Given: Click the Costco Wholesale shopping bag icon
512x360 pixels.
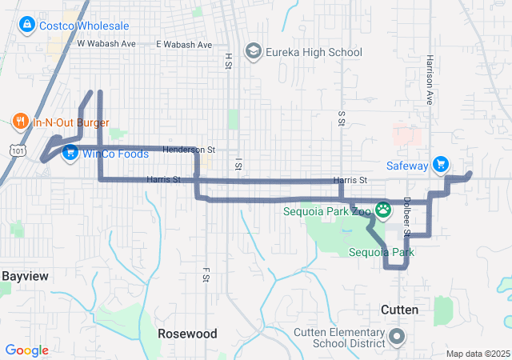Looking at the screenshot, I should point(27,26).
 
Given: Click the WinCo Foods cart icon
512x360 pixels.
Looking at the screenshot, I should point(71,152).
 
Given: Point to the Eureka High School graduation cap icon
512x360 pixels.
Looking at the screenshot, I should point(254,53).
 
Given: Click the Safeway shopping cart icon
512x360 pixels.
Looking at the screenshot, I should point(440,166).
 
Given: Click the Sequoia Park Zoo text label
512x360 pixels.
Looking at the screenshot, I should point(328,212).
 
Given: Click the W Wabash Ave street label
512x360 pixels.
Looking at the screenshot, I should point(106,44).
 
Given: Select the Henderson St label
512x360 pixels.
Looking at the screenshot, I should point(189,150).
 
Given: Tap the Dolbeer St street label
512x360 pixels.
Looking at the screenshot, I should point(406,217).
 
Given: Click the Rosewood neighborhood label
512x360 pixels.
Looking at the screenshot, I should point(187,333).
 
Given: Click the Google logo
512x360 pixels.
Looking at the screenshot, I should point(26,350).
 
